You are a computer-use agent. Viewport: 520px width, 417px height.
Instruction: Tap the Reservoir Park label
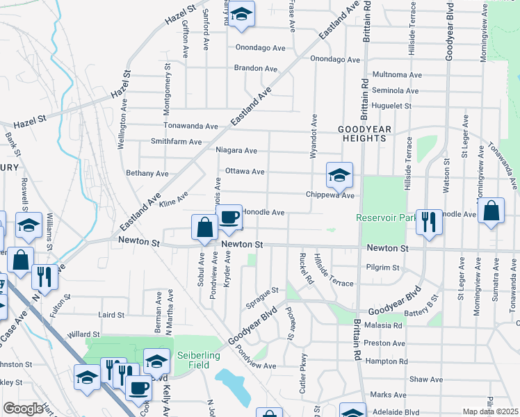tap(384, 218)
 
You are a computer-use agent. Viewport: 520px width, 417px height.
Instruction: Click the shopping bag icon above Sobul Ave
tap(204, 228)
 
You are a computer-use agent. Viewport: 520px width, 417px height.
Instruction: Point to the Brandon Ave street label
tap(256, 68)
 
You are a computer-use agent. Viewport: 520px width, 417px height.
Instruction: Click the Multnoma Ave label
tap(398, 74)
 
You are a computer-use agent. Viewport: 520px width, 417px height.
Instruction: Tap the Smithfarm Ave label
tap(177, 141)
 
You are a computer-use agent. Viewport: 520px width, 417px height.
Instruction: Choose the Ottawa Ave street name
tap(245, 171)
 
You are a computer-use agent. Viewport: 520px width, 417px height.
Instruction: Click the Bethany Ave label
tap(147, 173)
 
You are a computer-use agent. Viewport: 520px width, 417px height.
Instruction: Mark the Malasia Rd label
tap(383, 325)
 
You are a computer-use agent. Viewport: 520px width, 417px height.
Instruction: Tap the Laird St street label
tap(111, 315)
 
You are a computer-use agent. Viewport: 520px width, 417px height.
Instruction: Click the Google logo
tap(23, 409)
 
